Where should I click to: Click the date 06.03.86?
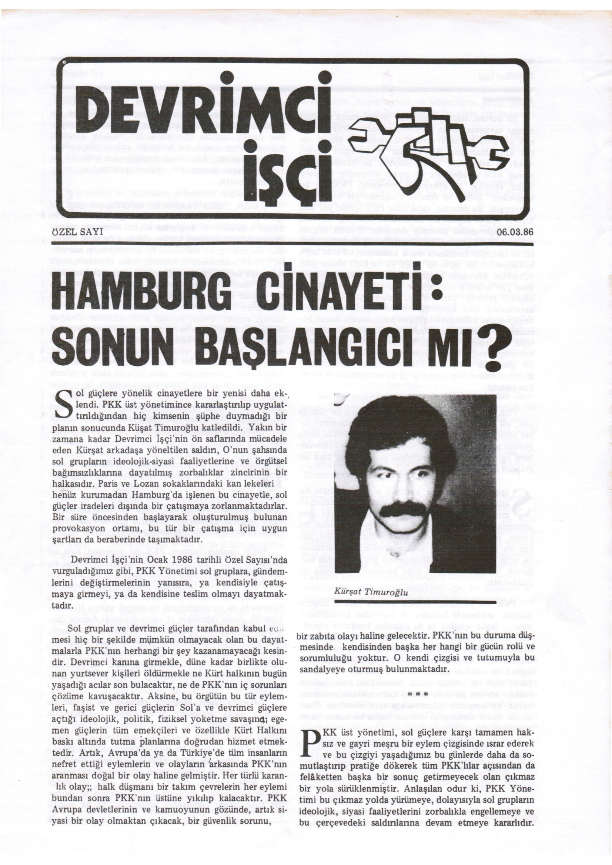[515, 232]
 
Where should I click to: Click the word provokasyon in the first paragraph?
[78, 529]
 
